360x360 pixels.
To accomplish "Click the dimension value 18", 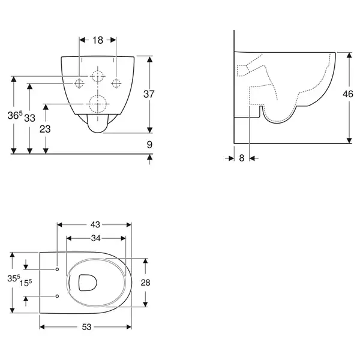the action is point(98,40).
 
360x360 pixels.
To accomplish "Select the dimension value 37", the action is point(149,94).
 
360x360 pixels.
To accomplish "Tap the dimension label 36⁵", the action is point(15,115).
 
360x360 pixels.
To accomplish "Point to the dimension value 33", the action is point(29,118).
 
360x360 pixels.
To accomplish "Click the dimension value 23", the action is point(45,129).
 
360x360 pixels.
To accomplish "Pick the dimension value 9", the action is point(149,145).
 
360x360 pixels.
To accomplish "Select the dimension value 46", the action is point(348,94).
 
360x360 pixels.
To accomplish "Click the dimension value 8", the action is point(242,158).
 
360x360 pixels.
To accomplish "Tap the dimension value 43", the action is point(95,224).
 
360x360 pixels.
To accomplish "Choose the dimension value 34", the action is point(95,238).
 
